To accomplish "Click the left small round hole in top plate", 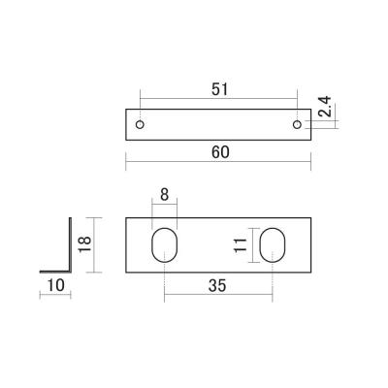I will click(141, 125).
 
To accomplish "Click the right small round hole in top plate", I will click(296, 125).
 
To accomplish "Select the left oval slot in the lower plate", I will click(165, 244).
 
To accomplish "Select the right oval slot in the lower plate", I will click(273, 244).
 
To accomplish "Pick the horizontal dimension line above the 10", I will click(55, 296).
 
